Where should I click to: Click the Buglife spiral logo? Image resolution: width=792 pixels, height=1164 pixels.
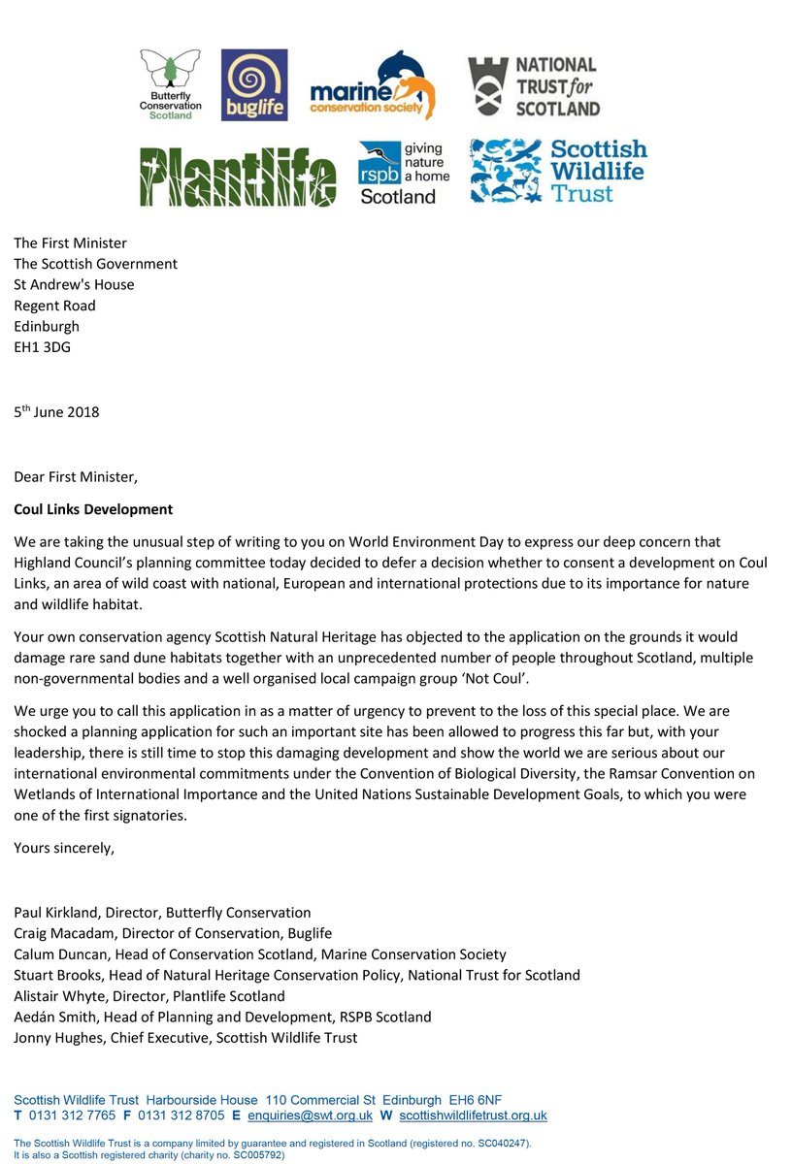[254, 84]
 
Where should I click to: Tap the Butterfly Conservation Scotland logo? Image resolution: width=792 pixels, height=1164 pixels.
[172, 84]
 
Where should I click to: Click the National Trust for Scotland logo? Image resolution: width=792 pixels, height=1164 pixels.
[534, 86]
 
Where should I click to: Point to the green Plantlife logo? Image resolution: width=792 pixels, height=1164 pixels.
[238, 177]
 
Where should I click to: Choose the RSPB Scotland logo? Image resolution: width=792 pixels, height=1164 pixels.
[404, 172]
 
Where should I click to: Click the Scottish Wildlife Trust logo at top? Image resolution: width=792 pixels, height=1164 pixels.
[558, 171]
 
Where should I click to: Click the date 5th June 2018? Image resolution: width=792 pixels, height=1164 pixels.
[56, 411]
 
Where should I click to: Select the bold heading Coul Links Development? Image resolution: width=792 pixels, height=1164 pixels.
[93, 509]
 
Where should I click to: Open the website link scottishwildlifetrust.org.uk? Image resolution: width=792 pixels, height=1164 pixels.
[473, 1116]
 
